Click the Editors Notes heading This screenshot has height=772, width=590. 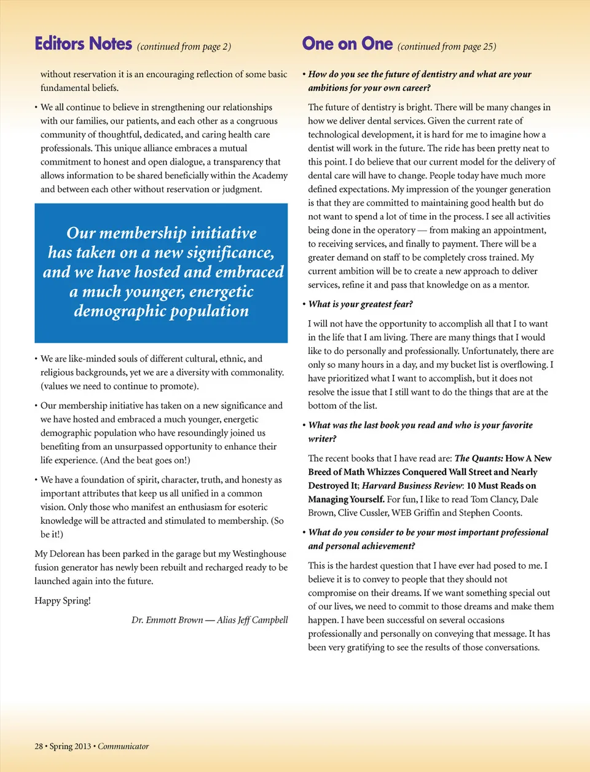click(84, 44)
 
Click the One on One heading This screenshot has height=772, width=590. click(347, 44)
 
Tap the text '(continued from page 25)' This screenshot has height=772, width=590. click(447, 47)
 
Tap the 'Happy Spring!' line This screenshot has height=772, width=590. click(63, 601)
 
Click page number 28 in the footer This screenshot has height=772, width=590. click(39, 746)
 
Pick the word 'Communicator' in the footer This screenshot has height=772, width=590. click(123, 746)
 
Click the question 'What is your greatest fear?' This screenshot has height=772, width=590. click(361, 304)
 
